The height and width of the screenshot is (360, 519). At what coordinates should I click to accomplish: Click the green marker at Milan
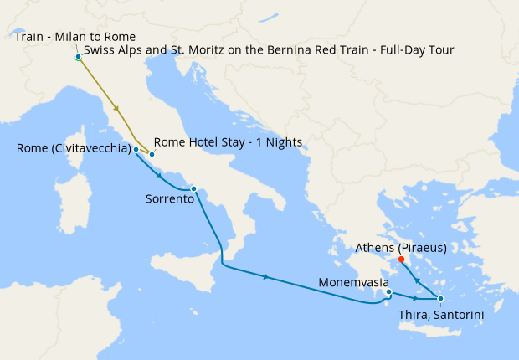77,57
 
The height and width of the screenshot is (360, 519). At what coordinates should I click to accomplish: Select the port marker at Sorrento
193,188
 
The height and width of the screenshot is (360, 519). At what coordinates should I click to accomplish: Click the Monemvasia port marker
388,292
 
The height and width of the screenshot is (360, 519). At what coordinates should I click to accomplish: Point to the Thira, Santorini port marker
440,299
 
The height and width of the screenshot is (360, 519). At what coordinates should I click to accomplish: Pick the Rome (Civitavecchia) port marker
136,149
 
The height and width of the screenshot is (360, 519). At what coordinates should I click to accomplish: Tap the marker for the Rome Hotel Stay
152,154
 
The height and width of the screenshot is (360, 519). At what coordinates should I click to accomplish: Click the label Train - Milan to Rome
75,37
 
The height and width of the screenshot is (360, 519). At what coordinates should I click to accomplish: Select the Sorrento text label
170,200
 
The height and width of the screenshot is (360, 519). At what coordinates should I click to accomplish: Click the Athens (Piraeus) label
400,248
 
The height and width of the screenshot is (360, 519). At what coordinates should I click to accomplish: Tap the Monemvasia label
352,282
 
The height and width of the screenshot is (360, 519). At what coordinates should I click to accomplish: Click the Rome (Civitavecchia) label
73,149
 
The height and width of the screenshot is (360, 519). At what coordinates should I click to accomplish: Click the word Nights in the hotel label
283,141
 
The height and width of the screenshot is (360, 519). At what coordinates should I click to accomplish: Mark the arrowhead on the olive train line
116,110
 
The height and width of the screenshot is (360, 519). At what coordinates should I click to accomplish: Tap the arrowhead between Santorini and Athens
418,280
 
